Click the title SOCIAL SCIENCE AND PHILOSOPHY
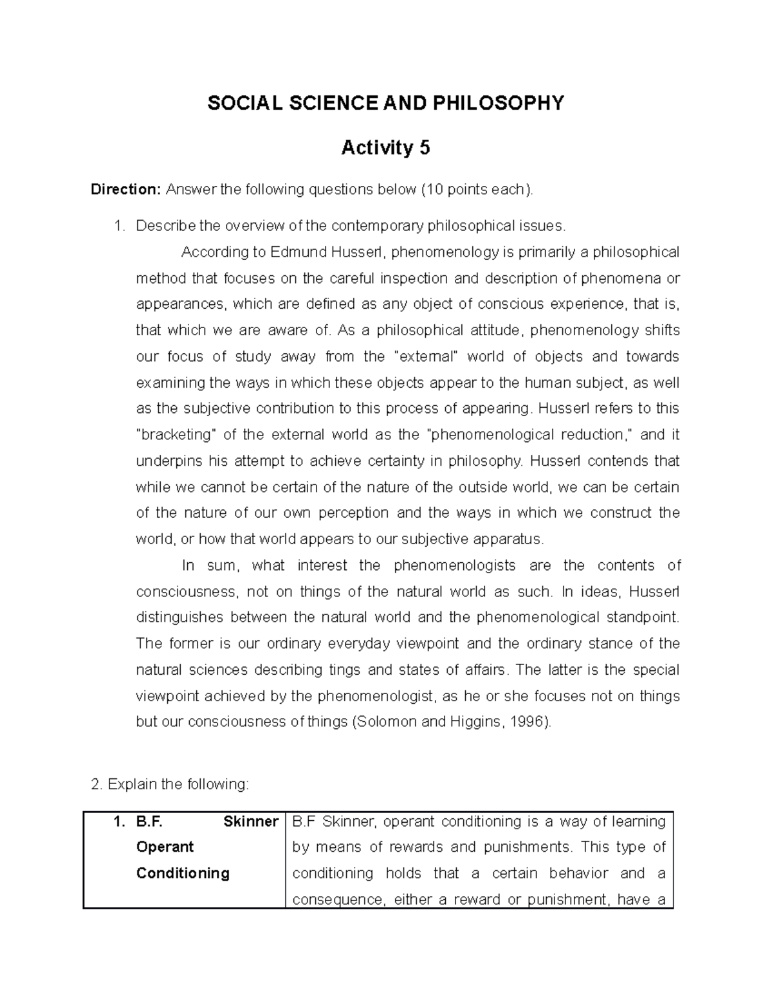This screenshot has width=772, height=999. (x=385, y=103)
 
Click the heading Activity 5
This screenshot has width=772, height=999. (x=385, y=148)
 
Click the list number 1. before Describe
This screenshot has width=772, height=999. (x=118, y=226)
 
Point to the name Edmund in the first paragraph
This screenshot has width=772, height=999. (x=298, y=252)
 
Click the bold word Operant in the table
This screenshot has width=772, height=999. (x=165, y=847)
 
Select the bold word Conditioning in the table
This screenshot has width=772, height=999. (x=183, y=874)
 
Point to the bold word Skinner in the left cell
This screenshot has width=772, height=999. (x=251, y=821)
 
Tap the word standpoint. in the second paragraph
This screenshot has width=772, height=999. (x=643, y=618)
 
